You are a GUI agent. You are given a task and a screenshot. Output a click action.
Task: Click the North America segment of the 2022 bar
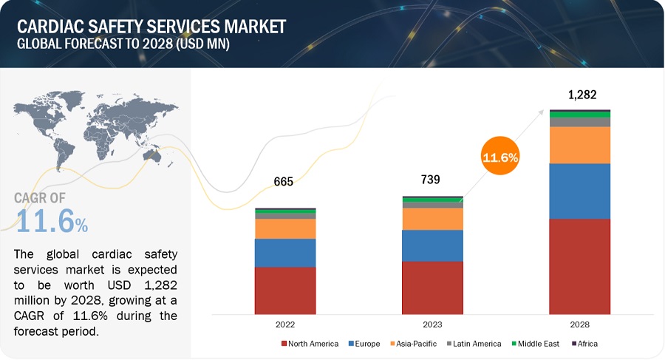(285, 290)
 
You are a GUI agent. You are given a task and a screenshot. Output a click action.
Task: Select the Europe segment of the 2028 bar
(579, 191)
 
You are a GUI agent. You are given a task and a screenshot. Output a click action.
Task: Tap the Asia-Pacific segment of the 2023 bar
(432, 219)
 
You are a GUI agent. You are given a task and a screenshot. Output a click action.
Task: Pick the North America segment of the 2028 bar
(579, 266)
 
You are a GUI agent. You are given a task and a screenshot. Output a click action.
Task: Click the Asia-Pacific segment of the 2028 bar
(579, 145)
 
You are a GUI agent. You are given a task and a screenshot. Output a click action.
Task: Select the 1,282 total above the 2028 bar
(582, 95)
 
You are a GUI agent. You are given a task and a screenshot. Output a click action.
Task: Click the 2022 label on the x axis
(285, 324)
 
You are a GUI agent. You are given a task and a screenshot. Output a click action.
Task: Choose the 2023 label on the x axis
(432, 324)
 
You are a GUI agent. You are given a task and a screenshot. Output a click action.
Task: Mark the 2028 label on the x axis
(579, 324)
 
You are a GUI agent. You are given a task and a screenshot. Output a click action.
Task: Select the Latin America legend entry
(475, 344)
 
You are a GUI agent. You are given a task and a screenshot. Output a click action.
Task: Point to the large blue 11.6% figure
(52, 222)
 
